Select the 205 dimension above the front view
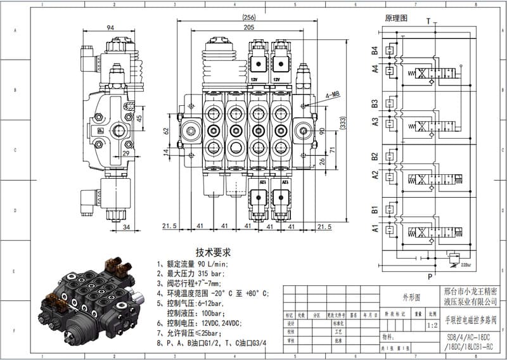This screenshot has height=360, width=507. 248,27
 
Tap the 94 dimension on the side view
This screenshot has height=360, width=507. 110,28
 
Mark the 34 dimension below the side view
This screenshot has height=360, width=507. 126,226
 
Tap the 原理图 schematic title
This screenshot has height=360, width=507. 396,18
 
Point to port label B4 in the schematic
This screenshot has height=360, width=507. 375,49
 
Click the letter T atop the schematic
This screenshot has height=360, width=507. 428,21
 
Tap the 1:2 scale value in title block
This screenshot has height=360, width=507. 432,325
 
